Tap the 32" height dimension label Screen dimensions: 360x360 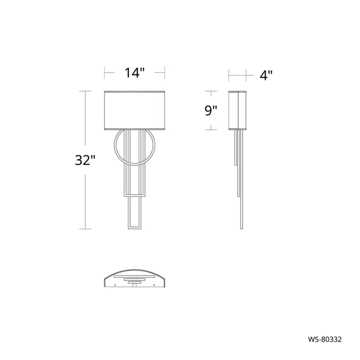pos(85,160)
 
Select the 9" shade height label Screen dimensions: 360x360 pos(211,110)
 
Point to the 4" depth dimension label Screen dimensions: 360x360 pos(266,75)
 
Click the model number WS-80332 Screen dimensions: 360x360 pos(325,339)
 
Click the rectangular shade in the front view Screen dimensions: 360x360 pos(135,110)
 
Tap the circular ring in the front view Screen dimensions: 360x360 pos(114,145)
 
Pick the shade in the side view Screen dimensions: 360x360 pos(237,110)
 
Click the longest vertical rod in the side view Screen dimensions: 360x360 pos(242,179)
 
